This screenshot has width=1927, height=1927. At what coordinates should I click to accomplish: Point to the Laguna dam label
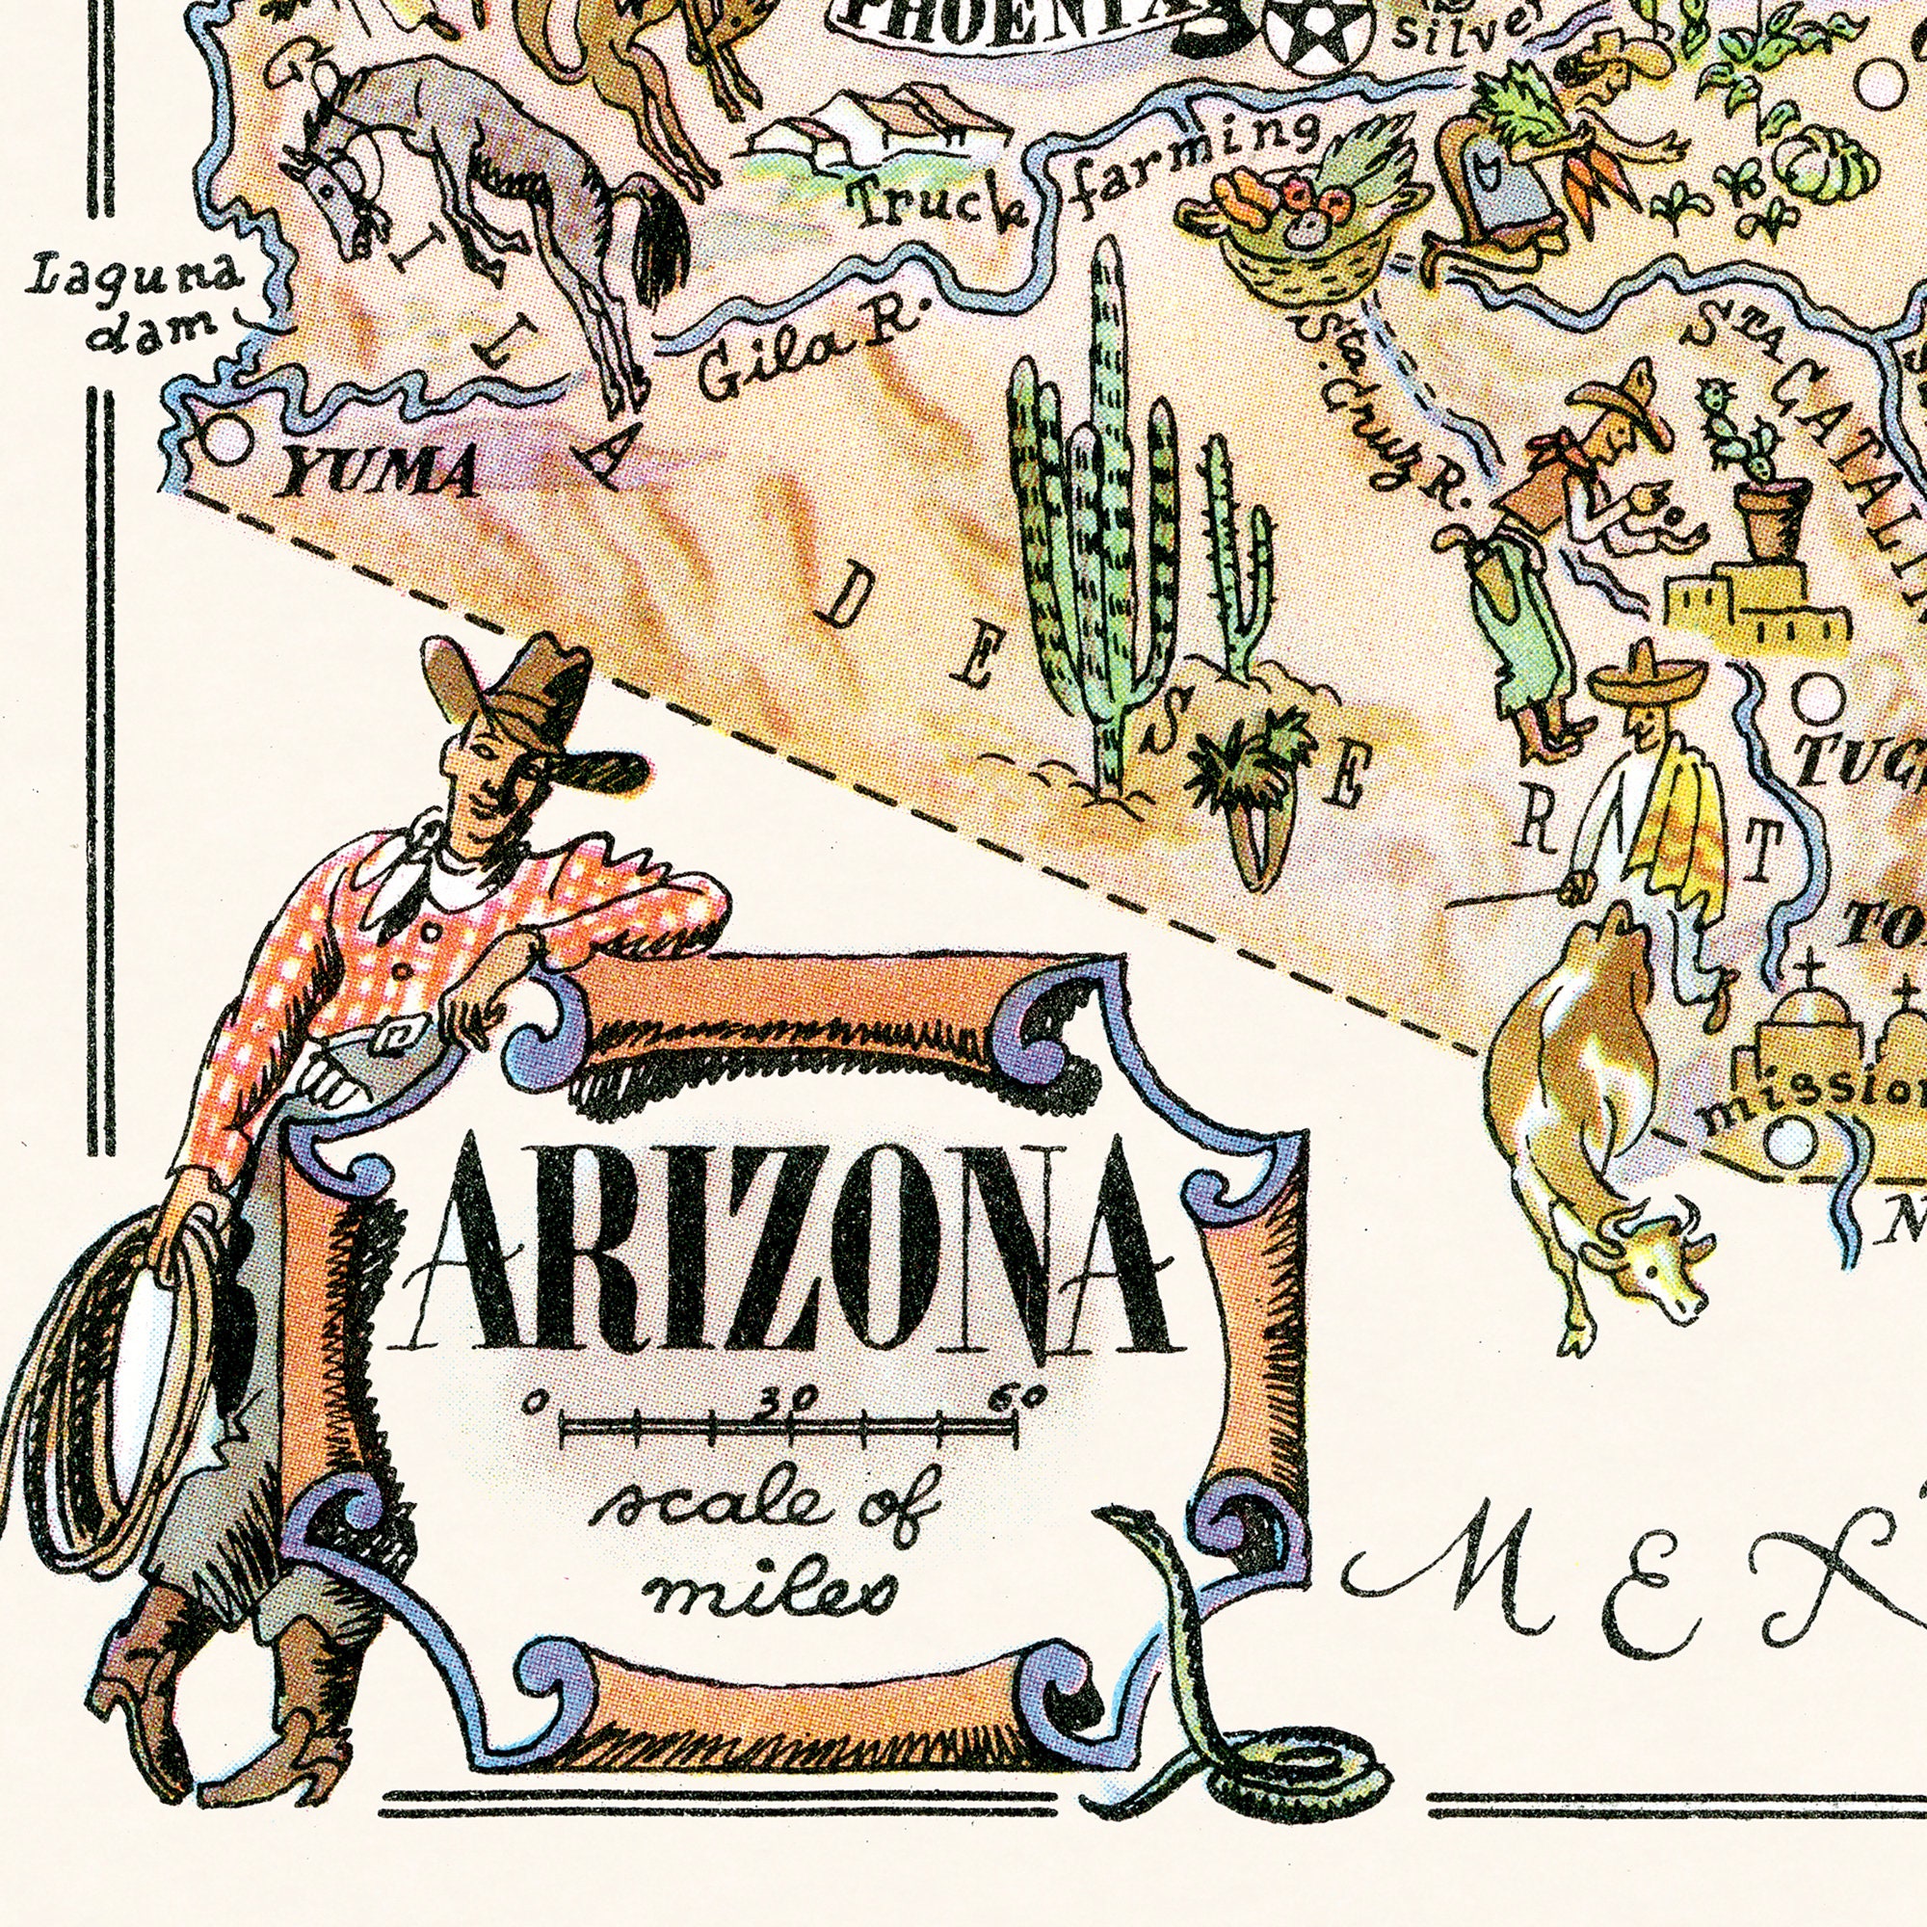point(135,301)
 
